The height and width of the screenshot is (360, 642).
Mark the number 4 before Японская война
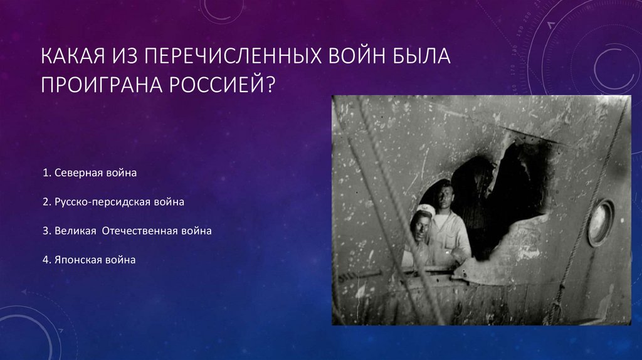[46, 259]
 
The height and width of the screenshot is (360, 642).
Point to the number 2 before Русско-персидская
[46, 203]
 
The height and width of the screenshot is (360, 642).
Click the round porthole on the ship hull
[601, 223]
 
